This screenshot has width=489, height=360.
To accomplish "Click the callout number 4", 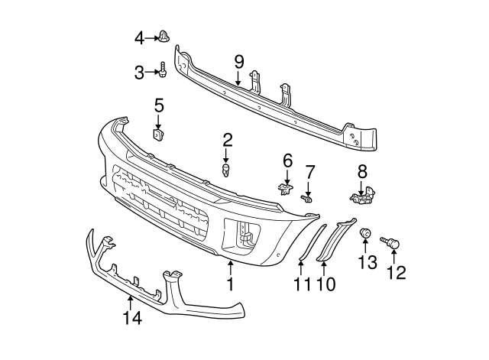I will [139, 37].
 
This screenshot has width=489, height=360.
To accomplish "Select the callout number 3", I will [139, 73].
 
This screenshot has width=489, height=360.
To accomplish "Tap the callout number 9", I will [238, 60].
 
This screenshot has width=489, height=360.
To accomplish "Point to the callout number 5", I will [159, 105].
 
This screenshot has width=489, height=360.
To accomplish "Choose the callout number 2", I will [227, 139].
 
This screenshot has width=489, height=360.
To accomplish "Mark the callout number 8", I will [361, 171].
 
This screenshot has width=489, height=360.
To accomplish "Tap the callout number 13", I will [367, 263].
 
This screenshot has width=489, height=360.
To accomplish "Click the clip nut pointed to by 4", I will [164, 36].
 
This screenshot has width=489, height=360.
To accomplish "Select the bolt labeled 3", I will [164, 72].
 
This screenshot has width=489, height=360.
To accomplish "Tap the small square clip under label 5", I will [159, 135].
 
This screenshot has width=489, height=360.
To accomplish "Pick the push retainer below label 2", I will [226, 169].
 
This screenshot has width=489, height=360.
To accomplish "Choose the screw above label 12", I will [394, 243].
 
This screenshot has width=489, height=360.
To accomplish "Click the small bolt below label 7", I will [307, 198].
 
